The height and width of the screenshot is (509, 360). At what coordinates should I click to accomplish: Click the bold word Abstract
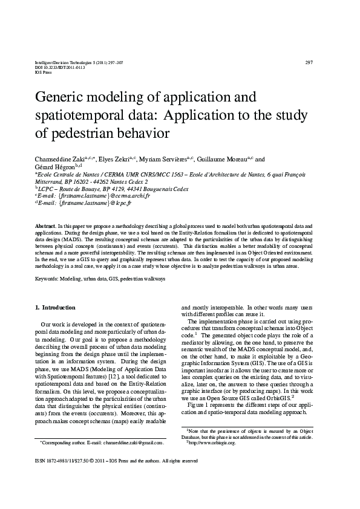click(x=45, y=224)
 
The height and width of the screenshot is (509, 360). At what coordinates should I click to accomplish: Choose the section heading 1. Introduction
click(x=56, y=308)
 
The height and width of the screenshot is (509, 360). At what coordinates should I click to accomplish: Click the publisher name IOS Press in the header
click(x=44, y=73)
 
